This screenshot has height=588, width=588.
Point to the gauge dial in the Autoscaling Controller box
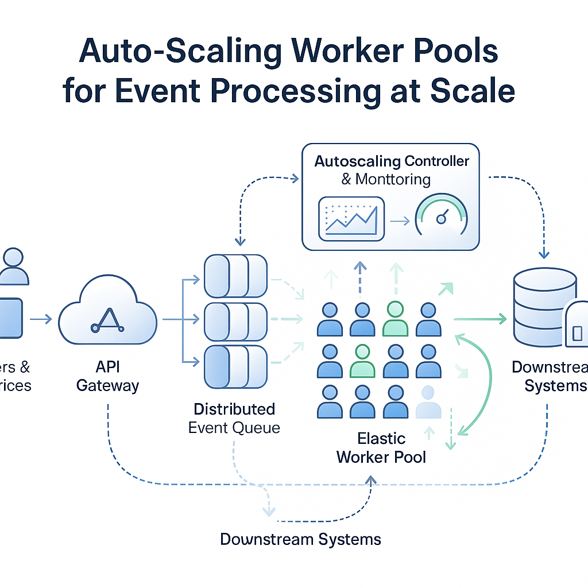(x=441, y=217)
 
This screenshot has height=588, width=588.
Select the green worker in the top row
(x=395, y=319)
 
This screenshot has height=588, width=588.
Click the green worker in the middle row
(x=362, y=361)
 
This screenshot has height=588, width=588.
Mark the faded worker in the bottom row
(x=428, y=401)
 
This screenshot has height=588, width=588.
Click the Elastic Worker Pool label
(x=381, y=448)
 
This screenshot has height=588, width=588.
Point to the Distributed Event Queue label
(x=234, y=418)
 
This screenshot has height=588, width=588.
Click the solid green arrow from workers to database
(x=479, y=319)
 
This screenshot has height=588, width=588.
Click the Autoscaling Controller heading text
(x=392, y=161)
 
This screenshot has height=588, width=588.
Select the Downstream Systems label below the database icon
(x=551, y=376)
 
